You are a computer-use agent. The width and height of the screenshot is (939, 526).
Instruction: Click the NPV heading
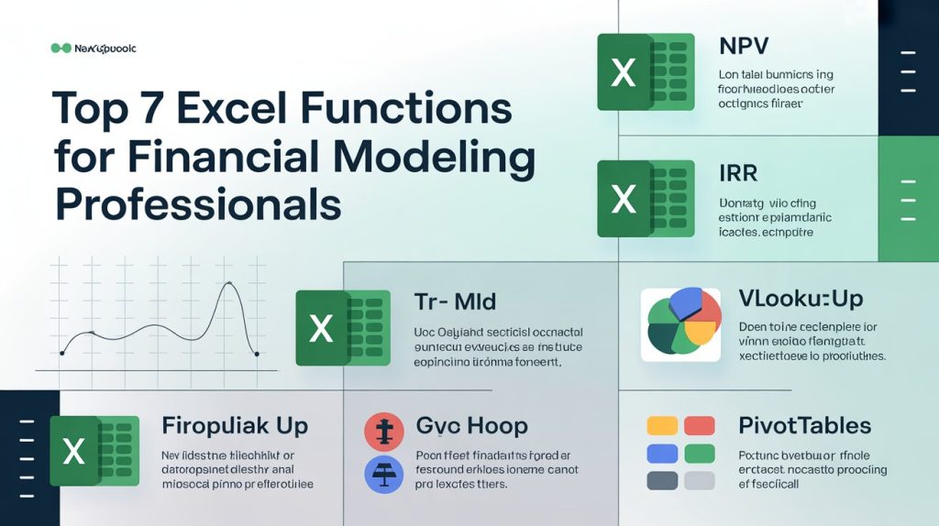pos(745,46)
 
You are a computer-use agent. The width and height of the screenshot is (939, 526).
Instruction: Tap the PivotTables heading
pos(804,425)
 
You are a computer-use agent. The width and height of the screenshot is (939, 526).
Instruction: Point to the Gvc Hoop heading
pos(471,426)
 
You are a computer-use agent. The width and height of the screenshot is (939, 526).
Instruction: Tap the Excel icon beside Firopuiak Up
pos(94,450)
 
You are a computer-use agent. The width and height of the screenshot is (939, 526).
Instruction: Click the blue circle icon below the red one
pos(385,475)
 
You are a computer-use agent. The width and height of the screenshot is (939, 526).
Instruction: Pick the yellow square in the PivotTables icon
pos(662,425)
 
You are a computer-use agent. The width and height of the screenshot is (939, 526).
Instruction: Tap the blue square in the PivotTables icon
pos(662,454)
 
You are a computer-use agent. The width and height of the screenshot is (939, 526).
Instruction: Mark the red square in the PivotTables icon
pos(700,425)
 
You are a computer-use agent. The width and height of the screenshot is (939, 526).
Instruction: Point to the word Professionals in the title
pos(197,203)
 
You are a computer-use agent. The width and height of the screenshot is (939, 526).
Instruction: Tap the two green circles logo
pos(61,48)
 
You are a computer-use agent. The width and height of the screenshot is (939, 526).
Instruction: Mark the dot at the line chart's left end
pos(61,353)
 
